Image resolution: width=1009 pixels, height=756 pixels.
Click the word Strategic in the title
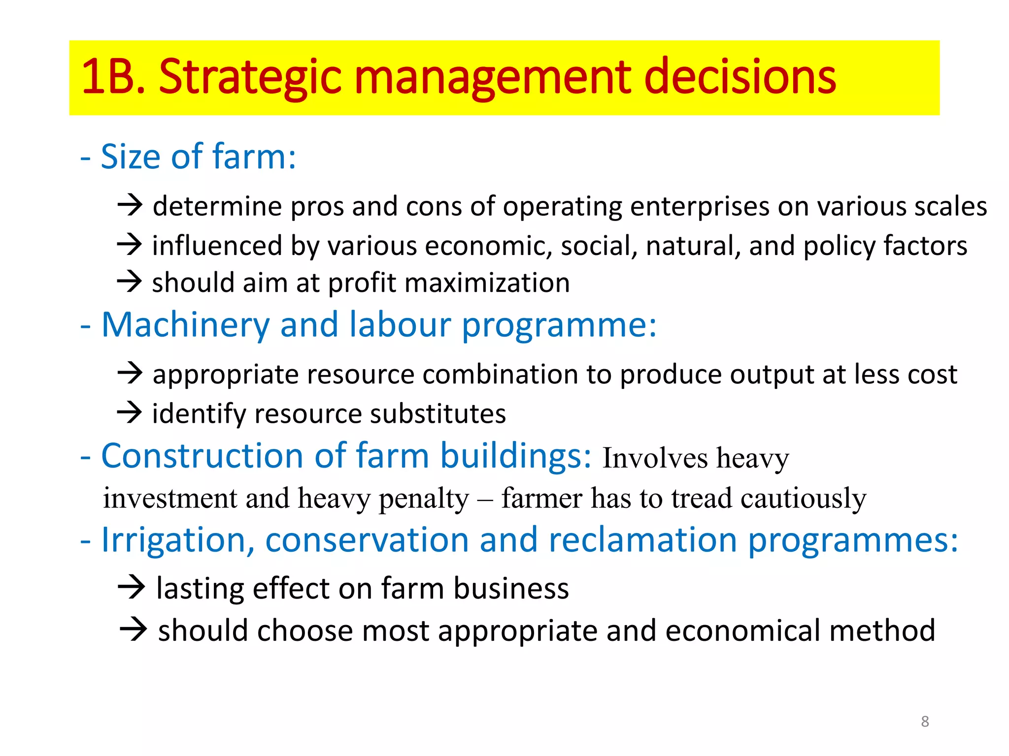coord(250,77)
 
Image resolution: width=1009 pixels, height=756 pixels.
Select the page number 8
coord(925,722)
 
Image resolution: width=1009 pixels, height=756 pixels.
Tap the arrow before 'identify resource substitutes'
coord(130,412)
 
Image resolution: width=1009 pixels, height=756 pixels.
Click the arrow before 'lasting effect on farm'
coord(132,587)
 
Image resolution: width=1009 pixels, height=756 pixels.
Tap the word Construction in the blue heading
coord(202,456)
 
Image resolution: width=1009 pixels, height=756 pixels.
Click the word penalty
coord(424,499)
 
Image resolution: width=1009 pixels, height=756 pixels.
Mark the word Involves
coord(655,458)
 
